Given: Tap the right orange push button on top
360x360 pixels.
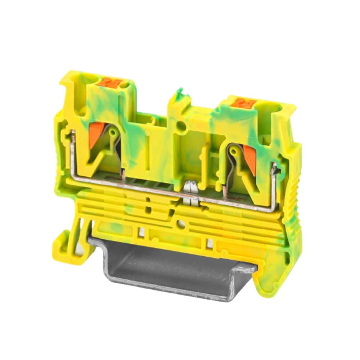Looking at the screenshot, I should coord(243,103).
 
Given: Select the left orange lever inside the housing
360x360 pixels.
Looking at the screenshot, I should coord(96,134).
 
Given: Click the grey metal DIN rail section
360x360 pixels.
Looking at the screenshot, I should coord(166,266).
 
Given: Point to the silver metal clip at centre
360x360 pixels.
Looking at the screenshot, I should coord(190,193).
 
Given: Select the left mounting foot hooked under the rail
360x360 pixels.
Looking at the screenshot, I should coord(68,245).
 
